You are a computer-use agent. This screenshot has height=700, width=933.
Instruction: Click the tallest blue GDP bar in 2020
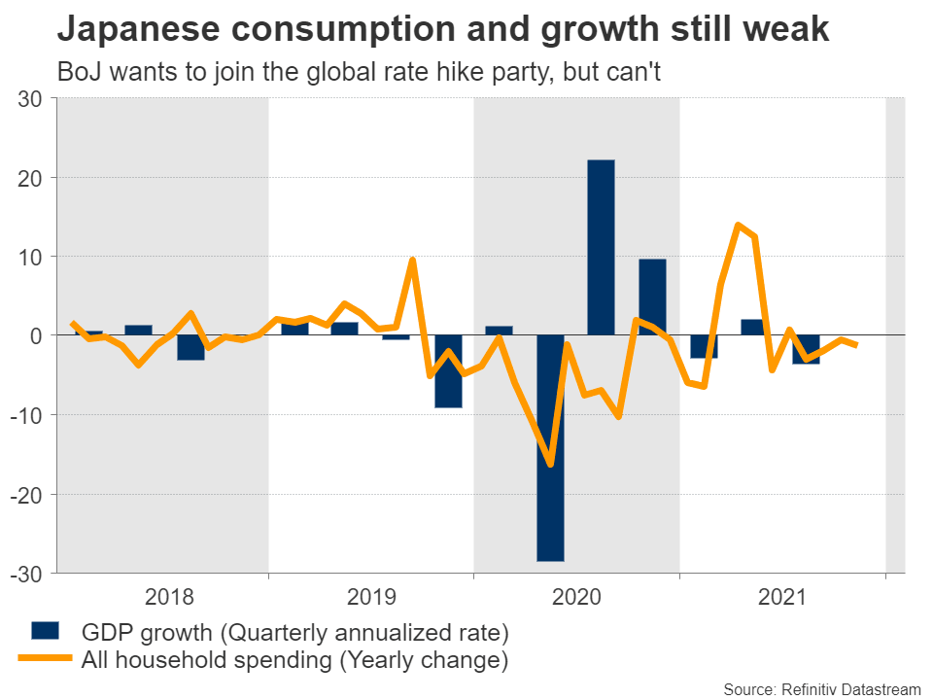601,247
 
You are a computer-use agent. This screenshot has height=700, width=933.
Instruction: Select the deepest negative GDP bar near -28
550,447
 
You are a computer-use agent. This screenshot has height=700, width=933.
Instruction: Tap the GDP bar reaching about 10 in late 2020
652,297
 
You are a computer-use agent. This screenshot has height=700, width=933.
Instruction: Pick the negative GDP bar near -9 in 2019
448,370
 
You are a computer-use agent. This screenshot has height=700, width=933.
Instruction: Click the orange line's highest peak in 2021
738,225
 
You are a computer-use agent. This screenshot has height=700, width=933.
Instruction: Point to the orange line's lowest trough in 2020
551,465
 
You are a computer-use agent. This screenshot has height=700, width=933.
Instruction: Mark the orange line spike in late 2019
413,260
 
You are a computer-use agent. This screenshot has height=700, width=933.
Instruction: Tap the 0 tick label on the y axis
37,335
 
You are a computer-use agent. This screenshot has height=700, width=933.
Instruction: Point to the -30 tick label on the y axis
27,573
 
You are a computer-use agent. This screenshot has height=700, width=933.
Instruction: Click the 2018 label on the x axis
168,597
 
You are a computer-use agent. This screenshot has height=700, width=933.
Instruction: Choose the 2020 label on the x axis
578,597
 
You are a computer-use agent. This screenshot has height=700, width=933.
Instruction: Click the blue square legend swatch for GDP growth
46,630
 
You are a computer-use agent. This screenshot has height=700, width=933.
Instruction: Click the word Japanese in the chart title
132,29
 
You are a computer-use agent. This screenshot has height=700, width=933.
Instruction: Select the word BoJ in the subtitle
81,73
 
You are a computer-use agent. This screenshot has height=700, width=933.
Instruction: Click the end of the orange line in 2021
856,345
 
